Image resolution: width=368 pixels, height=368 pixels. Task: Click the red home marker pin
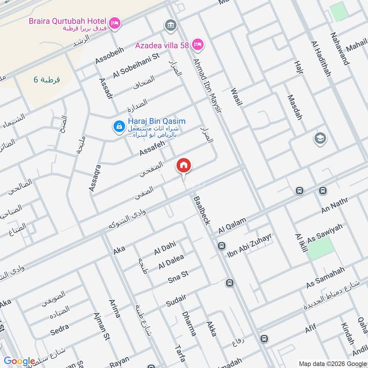click(x=184, y=166)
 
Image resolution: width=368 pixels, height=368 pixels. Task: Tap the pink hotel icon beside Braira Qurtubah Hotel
click(x=115, y=22)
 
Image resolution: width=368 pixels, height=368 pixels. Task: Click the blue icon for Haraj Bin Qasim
click(x=119, y=126)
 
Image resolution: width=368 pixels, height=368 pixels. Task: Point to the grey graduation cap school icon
click(x=318, y=138)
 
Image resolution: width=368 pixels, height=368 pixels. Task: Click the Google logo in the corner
click(x=19, y=361)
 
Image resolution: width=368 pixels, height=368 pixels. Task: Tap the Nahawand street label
click(x=339, y=49)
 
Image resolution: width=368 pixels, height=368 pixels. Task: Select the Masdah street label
click(x=294, y=107)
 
